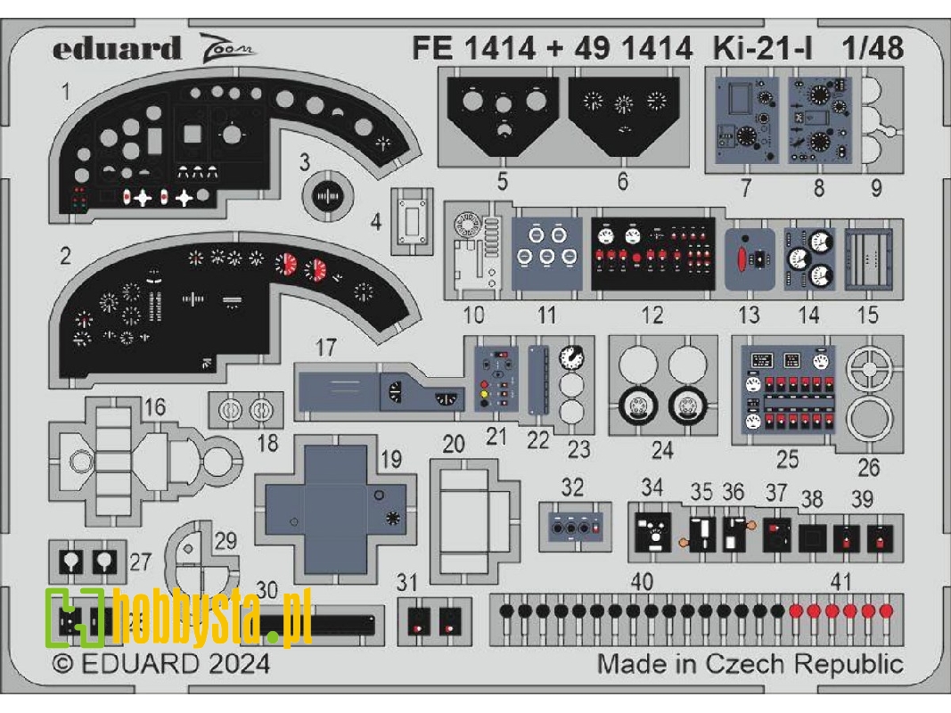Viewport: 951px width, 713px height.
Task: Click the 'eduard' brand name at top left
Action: (116, 49)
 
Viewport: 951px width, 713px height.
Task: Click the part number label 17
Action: (326, 348)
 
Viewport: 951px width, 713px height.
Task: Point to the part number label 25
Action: (787, 460)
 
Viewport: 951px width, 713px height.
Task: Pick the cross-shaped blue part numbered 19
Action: (336, 517)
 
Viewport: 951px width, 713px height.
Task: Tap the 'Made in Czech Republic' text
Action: (749, 664)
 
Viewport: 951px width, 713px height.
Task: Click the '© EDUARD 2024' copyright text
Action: (160, 664)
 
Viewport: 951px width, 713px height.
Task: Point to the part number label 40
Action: (642, 582)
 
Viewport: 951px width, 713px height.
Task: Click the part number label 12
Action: (652, 315)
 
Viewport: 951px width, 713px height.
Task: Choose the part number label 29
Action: (226, 540)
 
